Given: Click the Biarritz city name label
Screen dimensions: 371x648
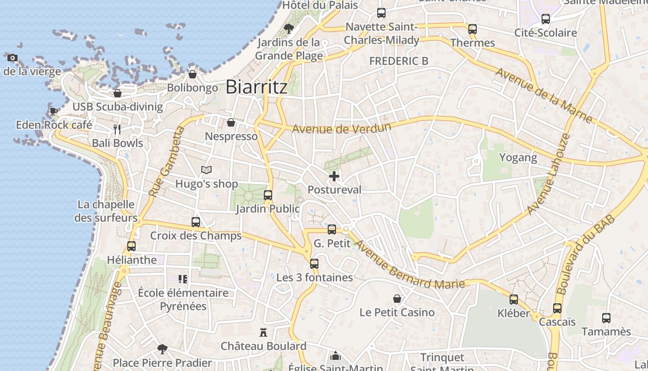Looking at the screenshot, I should [x=256, y=87].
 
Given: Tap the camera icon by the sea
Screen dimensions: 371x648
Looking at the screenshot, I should [x=12, y=58].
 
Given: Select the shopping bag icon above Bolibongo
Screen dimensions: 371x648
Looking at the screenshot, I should [x=193, y=74].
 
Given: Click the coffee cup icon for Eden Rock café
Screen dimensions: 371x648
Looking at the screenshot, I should [x=54, y=111].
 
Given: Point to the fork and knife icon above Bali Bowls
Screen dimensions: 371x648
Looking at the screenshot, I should [x=117, y=129].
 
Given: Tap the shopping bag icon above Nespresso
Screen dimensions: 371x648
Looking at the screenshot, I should [x=231, y=123].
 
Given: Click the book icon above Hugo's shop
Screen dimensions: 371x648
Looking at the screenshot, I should [x=206, y=170].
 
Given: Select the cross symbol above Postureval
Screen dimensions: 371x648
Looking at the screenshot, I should [x=334, y=176].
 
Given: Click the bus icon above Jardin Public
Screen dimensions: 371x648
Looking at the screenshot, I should [x=268, y=195].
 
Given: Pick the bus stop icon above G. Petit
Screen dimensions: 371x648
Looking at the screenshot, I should [x=332, y=230].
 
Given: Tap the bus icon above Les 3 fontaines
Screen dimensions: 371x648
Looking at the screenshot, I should [x=314, y=264].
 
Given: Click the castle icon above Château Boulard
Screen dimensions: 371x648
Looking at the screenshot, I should [x=263, y=333].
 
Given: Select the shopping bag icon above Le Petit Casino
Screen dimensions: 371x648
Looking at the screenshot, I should [x=397, y=299].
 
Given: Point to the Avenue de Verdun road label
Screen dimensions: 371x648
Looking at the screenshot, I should [x=342, y=128].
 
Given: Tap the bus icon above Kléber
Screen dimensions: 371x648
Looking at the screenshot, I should [x=514, y=300].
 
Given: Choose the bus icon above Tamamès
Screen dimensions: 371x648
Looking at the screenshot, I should [x=606, y=318].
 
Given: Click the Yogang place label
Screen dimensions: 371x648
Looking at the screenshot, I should [x=518, y=158].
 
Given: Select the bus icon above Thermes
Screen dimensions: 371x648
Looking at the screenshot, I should [x=472, y=29].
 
